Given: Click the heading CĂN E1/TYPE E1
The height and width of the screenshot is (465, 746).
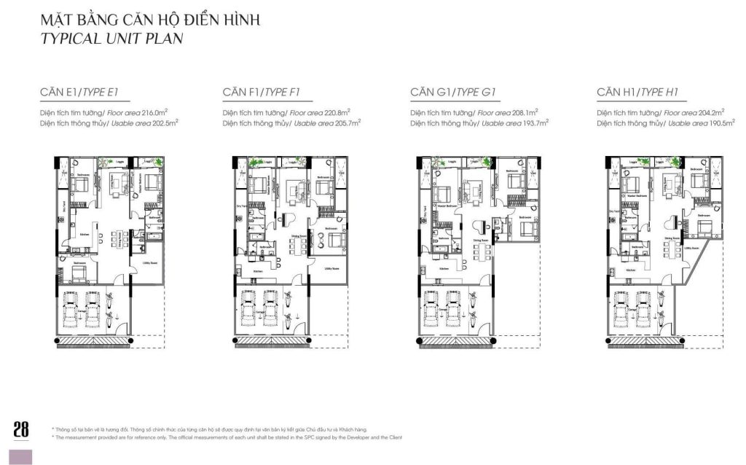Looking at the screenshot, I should [79, 92].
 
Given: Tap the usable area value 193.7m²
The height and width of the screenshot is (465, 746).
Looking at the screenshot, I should [533, 124].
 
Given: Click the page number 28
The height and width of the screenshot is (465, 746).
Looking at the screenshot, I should [21, 429].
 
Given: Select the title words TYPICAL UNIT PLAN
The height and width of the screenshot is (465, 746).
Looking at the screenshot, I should [112, 39].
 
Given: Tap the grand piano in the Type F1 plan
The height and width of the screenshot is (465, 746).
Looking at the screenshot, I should [287, 222].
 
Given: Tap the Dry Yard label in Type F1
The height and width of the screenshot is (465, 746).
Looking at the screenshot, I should [237, 207].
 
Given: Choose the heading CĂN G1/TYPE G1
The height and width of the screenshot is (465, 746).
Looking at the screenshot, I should [452, 92].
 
